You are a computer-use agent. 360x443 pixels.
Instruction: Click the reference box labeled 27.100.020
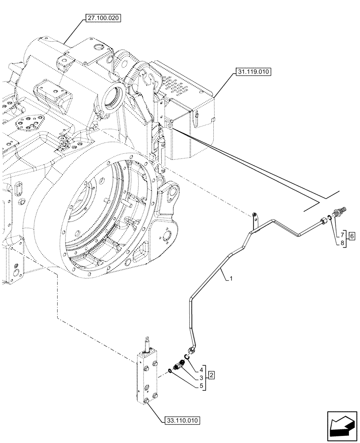102,18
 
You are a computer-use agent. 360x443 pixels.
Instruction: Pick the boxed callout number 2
212,376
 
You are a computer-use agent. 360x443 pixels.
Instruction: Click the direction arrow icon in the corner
341,427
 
